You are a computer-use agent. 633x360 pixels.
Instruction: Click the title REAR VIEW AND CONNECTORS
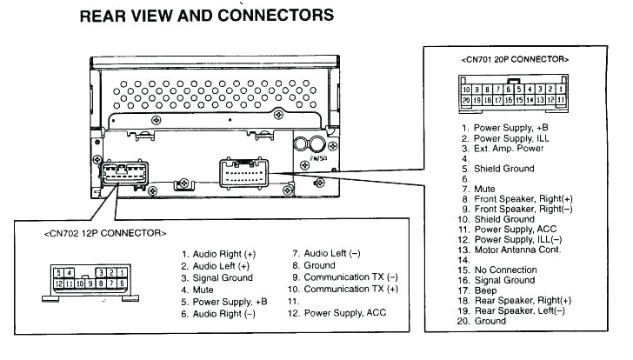[x=206, y=16]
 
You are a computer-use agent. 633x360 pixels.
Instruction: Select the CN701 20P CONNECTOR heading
[x=515, y=59]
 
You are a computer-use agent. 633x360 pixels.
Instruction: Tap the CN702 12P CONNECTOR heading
[x=104, y=234]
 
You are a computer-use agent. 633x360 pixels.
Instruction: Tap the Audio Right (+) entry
[x=223, y=254]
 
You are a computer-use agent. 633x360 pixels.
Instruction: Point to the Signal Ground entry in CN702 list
[x=223, y=277]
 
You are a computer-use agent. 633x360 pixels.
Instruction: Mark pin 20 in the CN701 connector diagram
[x=467, y=101]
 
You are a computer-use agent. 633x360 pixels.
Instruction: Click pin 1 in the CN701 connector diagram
[x=563, y=89]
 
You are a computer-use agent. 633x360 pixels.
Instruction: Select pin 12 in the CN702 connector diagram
[x=59, y=283]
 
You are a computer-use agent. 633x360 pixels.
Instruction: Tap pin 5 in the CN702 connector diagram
[x=58, y=272]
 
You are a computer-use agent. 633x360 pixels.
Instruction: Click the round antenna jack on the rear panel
[x=317, y=144]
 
